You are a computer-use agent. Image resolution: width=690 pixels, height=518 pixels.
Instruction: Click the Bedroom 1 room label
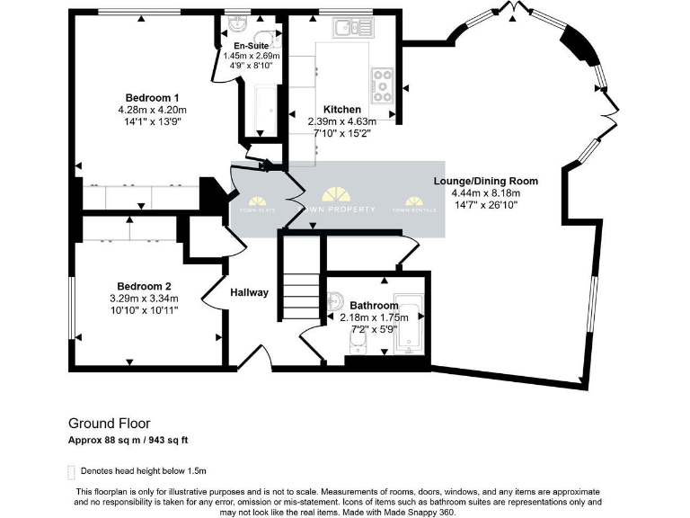(x=152, y=97)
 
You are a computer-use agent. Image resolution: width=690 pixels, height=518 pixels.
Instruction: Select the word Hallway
(x=249, y=292)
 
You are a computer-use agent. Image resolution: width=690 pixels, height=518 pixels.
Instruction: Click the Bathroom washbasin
(x=335, y=300)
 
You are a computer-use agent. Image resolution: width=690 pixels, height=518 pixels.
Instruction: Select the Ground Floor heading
(x=109, y=423)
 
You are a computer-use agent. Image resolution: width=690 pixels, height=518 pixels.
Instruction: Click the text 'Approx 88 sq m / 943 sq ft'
(x=128, y=440)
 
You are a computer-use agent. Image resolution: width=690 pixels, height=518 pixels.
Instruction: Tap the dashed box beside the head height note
(x=72, y=471)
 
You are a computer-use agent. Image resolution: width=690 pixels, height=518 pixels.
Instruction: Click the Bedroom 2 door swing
(x=214, y=291)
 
